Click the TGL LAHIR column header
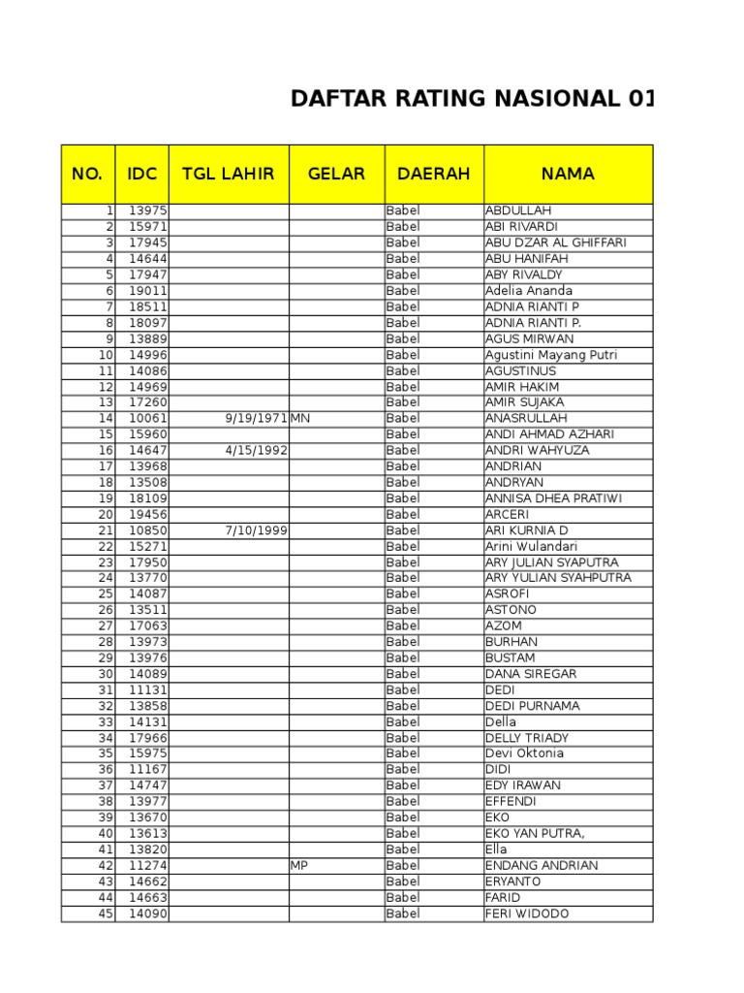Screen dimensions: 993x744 [x=229, y=175]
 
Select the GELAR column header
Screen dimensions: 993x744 [x=336, y=175]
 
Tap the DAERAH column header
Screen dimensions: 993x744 [x=433, y=175]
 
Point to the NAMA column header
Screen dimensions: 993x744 [x=568, y=175]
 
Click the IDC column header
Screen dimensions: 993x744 [x=141, y=175]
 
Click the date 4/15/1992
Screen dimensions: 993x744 [x=256, y=451]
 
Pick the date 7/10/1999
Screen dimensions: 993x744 [x=256, y=530]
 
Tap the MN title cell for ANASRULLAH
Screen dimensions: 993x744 [x=299, y=419]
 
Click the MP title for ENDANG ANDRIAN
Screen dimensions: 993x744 [x=299, y=865]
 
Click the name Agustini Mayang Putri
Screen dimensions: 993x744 [x=550, y=355]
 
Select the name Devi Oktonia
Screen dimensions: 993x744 [x=524, y=753]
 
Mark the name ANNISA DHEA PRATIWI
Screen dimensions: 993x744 [x=553, y=498]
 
